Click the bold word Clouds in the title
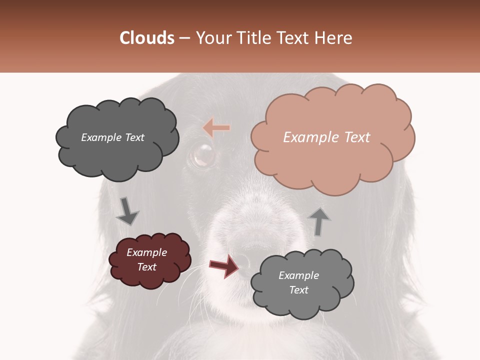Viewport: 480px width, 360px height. [x=147, y=38]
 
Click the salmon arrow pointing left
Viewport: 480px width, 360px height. [x=216, y=128]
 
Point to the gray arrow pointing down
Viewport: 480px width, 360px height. [x=127, y=211]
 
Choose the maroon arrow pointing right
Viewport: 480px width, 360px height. [x=224, y=266]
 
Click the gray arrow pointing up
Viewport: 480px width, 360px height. [x=319, y=221]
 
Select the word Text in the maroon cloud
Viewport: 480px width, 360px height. [x=147, y=267]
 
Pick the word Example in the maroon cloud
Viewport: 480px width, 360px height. [x=147, y=252]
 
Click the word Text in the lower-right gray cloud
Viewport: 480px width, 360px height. [x=299, y=290]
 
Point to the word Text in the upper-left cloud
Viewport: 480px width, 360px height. [x=133, y=137]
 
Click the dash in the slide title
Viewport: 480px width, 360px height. [x=185, y=38]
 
